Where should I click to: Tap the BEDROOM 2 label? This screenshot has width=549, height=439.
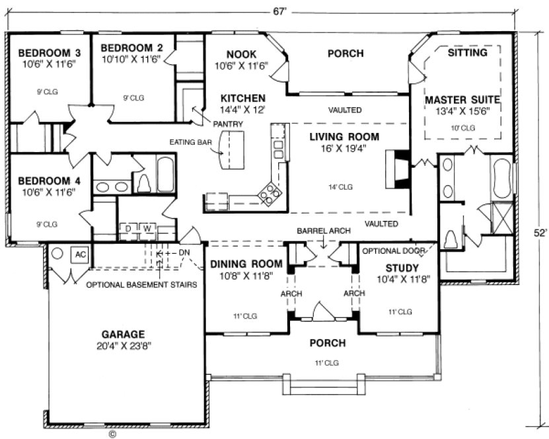coord(131,48)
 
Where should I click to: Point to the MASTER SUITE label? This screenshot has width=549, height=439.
coord(462,100)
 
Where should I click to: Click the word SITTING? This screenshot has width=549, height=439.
coord(467,52)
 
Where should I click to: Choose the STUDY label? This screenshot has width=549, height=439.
coord(402,268)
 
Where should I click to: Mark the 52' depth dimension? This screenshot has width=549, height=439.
coord(539,233)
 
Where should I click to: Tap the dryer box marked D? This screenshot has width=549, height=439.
coord(128,229)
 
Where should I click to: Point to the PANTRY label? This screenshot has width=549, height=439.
coord(229,124)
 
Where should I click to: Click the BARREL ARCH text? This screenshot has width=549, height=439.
coord(322,231)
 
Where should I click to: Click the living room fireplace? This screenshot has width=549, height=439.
coord(398,169)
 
